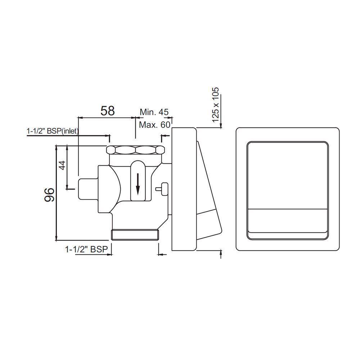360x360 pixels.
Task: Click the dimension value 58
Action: coord(108,111)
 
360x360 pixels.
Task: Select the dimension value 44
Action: coord(62,165)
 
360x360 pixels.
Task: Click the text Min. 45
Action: coord(154,112)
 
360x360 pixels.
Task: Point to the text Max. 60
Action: coord(154,125)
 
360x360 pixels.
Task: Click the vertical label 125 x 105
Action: coord(215,104)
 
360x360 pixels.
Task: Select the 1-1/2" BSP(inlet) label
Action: coord(53,131)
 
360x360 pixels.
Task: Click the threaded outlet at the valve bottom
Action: coord(135,235)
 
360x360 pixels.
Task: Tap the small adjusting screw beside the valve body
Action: coord(162,188)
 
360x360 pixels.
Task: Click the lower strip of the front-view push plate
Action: coord(287,224)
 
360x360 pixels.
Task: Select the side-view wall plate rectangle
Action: coord(184,189)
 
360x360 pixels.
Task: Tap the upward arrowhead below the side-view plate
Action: coord(220,254)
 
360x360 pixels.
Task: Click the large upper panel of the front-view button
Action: coord(287,175)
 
